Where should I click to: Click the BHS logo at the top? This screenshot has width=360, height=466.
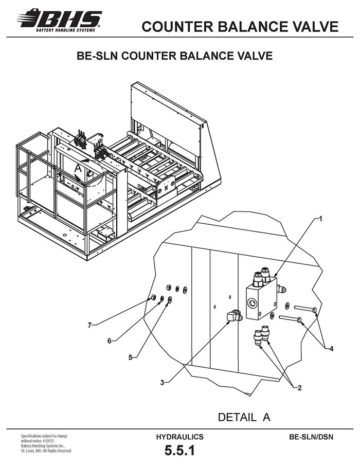[59, 20]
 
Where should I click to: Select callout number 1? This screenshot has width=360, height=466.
[320, 219]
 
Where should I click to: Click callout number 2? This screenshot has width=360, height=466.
[300, 387]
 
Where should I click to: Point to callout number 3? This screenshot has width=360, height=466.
[163, 383]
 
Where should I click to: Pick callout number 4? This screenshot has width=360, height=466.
[332, 349]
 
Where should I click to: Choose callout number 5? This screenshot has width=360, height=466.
[130, 357]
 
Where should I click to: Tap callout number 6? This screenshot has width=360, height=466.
[110, 341]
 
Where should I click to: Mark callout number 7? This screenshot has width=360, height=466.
[89, 325]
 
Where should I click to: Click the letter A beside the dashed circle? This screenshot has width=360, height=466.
[78, 168]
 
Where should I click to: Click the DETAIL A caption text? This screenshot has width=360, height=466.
[244, 417]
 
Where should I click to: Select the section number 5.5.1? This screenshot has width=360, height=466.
[179, 451]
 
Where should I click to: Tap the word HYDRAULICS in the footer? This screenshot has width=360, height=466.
[179, 437]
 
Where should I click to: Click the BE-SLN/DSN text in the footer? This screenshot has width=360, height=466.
[311, 437]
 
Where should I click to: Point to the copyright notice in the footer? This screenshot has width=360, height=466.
[46, 443]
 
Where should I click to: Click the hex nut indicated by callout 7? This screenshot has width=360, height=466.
[154, 297]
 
